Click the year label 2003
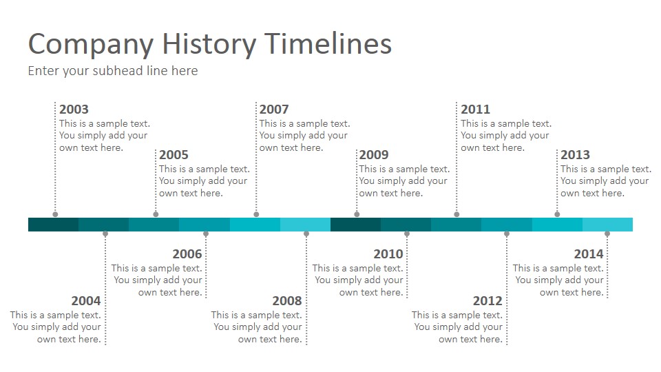click(74, 110)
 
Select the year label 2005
click(174, 155)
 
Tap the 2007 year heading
click(274, 110)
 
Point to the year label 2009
click(374, 155)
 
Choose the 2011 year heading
click(476, 110)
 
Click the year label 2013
click(576, 155)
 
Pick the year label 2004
click(86, 301)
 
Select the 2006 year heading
click(187, 254)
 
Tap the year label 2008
click(287, 301)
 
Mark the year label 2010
click(388, 254)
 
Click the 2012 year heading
click(487, 301)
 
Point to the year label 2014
click(589, 254)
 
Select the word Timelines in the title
click(328, 43)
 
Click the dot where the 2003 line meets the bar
click(55, 214)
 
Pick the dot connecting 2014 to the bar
click(607, 234)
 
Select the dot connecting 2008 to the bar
click(306, 234)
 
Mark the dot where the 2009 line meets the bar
click(357, 214)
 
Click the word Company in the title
click(91, 45)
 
